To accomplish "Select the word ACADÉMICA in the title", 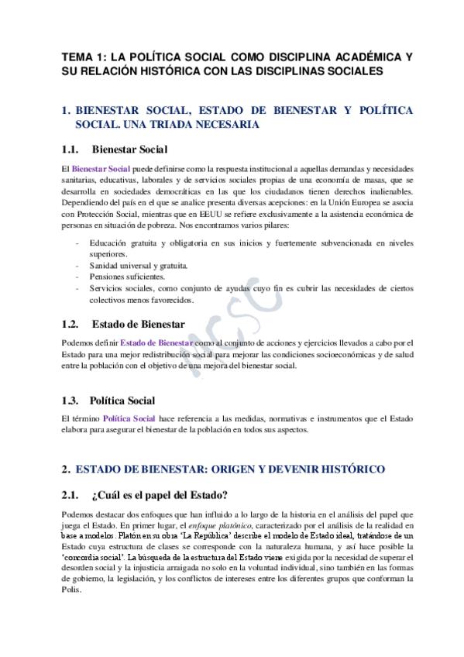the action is point(360,57).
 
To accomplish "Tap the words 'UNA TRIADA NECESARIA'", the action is point(167,124).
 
